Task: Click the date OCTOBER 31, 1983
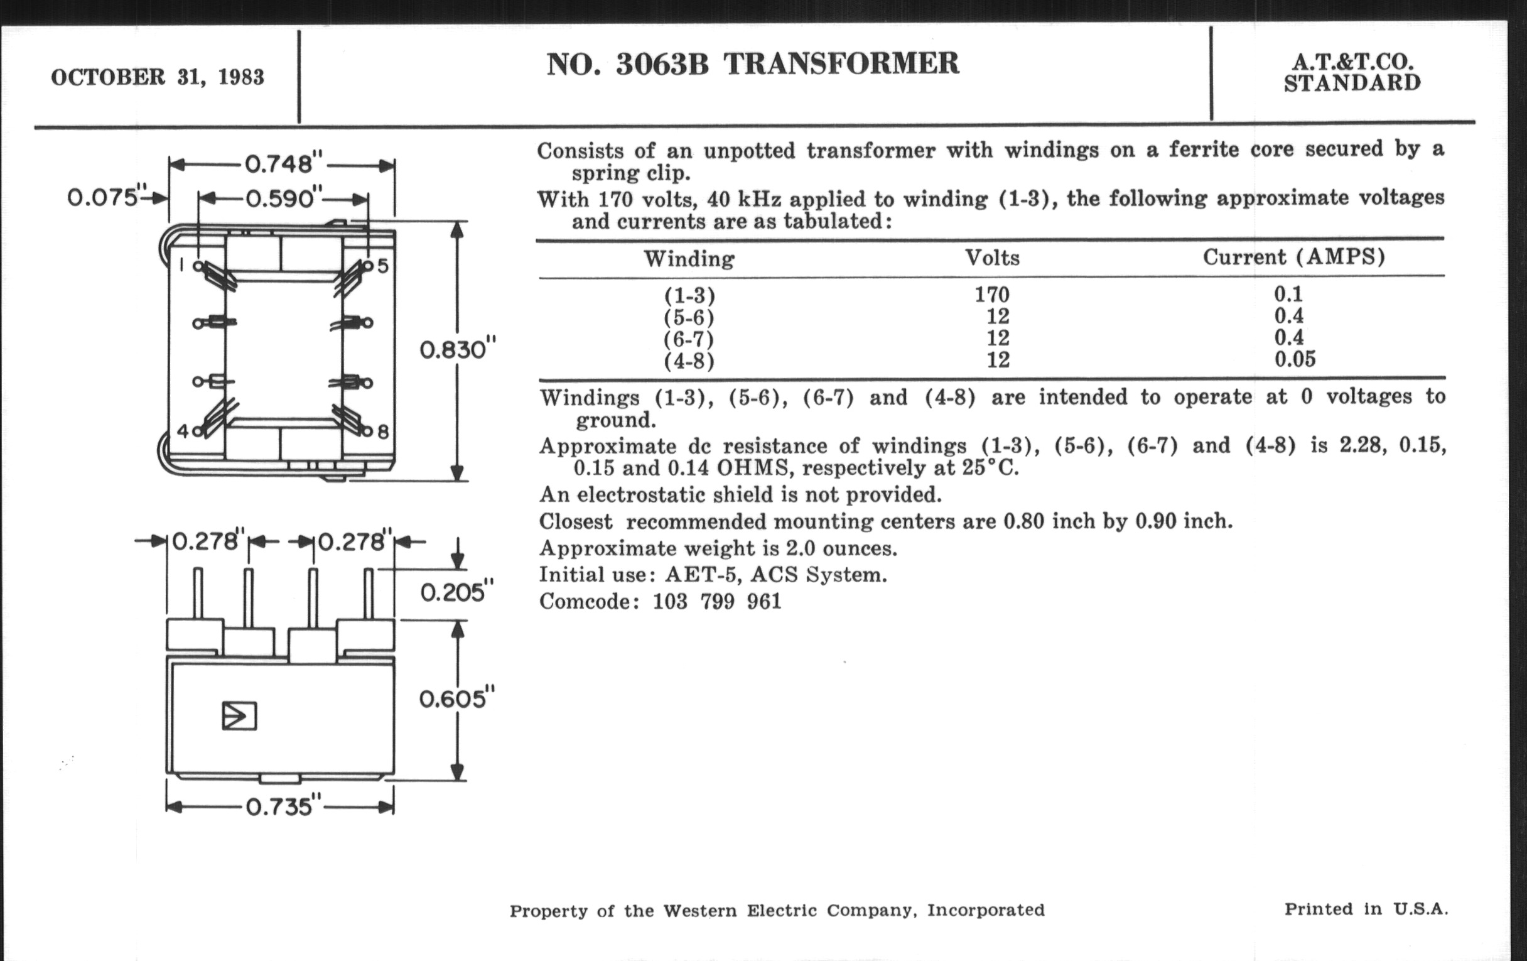coord(157,77)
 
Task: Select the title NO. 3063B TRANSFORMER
coord(753,64)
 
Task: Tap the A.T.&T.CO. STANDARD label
coord(1352,72)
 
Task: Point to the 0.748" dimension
coord(279,165)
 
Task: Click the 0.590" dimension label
coord(280,199)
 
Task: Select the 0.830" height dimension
coord(457,349)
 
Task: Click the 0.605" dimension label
coord(456,699)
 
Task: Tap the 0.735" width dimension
coord(279,807)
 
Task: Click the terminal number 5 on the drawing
coord(382,265)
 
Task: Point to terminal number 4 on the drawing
coord(183,432)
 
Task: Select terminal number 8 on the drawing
coord(383,433)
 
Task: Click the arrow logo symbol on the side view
coord(239,716)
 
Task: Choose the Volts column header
coord(993,258)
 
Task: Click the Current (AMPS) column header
coord(1293,257)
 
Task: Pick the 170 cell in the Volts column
coord(992,295)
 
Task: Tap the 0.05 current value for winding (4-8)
coord(1295,360)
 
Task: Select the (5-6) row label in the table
coord(689,317)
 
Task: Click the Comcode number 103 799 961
coord(716,600)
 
